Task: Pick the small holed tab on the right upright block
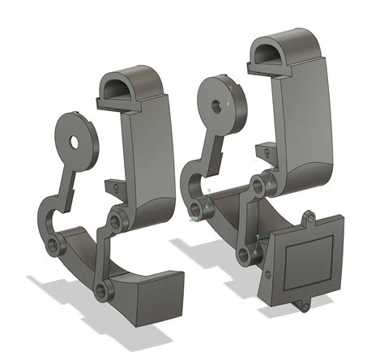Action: click(264, 151)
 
